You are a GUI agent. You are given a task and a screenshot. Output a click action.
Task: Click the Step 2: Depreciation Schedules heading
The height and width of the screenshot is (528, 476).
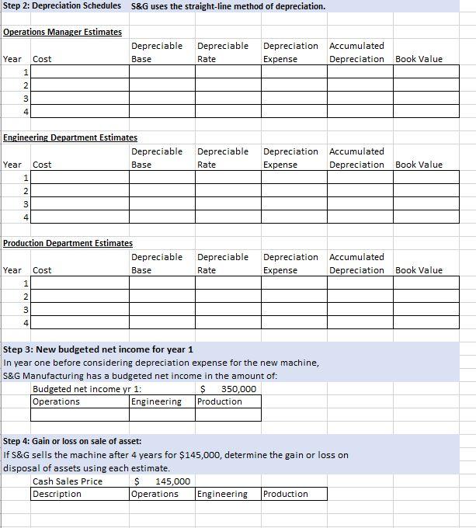(62, 6)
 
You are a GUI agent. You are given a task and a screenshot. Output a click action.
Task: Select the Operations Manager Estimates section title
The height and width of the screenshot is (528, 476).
(63, 32)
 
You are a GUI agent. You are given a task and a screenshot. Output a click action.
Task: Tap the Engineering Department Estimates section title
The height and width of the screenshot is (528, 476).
(71, 137)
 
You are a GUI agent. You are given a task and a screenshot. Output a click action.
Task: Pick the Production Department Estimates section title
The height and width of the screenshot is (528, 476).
(68, 243)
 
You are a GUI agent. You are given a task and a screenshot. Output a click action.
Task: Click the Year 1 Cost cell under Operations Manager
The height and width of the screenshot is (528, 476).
(80, 71)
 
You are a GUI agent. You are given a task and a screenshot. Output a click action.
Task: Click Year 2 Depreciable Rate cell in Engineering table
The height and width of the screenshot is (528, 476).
(228, 190)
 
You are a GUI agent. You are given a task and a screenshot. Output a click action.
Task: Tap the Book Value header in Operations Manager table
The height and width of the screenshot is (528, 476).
(419, 59)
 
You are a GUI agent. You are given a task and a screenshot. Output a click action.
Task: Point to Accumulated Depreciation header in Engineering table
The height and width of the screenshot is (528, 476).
(356, 158)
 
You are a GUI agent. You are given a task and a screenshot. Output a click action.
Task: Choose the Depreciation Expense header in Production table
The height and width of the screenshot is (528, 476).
(290, 263)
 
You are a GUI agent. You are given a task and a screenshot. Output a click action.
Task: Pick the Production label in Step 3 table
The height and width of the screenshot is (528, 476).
(220, 401)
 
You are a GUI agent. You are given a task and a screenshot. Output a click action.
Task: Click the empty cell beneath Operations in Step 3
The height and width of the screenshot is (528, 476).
(80, 414)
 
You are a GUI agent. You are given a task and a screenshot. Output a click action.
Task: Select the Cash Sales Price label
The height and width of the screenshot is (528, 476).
(68, 481)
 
